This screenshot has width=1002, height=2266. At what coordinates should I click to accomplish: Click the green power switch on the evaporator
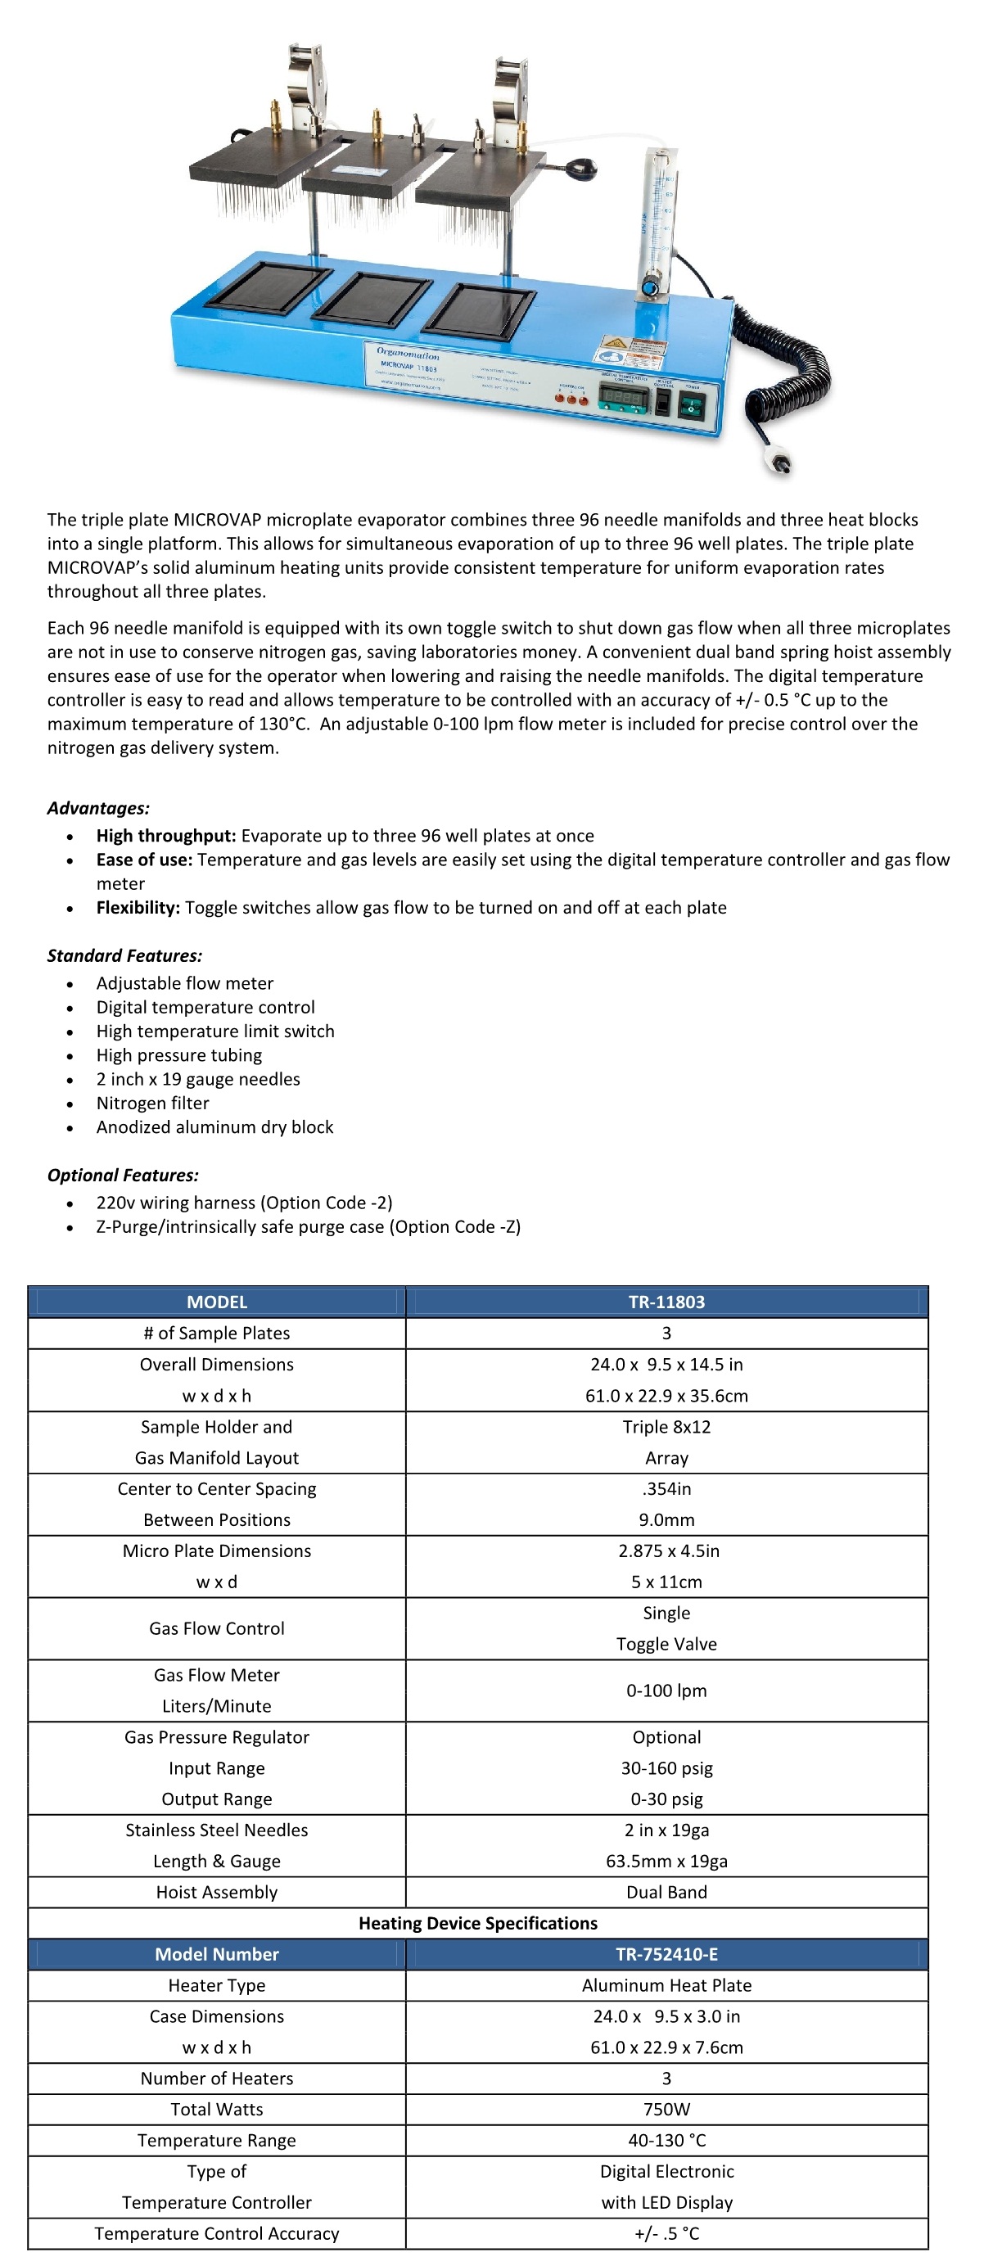(x=692, y=405)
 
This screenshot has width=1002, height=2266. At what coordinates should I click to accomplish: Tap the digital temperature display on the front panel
(x=624, y=399)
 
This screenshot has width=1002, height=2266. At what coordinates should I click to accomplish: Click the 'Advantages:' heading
(x=98, y=807)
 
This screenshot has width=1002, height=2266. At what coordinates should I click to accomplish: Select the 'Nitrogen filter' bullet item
(x=153, y=1102)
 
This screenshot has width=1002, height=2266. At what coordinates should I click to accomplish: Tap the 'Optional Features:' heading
(x=123, y=1175)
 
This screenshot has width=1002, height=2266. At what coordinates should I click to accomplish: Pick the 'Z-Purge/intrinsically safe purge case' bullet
(x=308, y=1226)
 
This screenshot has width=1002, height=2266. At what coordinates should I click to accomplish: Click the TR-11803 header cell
(x=666, y=1301)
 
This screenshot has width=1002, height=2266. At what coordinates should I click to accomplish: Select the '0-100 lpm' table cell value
(x=666, y=1690)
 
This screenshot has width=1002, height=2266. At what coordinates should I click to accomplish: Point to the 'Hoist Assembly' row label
(x=216, y=1891)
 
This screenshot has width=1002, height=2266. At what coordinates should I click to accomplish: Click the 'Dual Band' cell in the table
(x=666, y=1891)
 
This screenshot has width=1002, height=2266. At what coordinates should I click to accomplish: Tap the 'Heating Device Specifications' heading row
(x=478, y=1922)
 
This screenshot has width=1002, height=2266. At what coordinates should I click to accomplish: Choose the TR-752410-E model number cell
(x=666, y=1954)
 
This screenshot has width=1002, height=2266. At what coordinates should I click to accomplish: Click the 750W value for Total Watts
(x=666, y=2109)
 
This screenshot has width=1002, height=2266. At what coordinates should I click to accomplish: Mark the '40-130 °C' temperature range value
(x=666, y=2139)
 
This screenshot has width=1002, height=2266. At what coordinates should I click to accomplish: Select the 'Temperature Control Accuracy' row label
(x=216, y=2232)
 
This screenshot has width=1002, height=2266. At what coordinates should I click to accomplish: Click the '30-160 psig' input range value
(x=666, y=1767)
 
